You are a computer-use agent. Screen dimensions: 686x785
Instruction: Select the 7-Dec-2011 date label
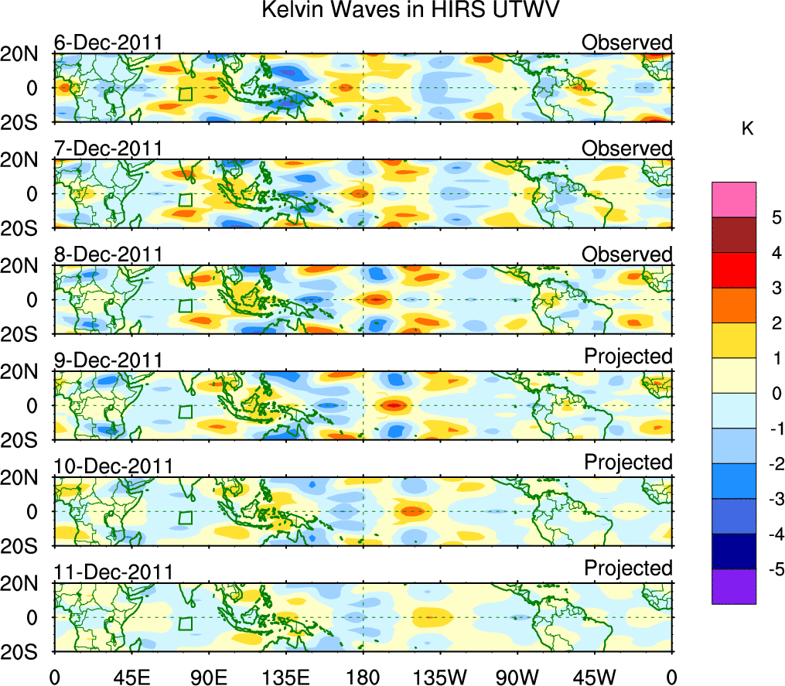tap(108, 148)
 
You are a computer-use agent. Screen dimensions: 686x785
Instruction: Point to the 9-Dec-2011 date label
tap(108, 360)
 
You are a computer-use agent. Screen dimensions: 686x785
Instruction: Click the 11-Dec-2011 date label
tap(113, 572)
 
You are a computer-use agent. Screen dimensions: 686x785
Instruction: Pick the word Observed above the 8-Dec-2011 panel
tap(627, 254)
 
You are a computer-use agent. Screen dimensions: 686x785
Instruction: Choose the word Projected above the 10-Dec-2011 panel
tap(628, 462)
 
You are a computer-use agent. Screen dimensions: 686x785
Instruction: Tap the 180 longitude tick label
tap(363, 677)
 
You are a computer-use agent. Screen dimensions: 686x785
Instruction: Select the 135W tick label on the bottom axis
tap(440, 677)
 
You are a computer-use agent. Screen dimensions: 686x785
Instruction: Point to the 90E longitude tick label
tap(208, 677)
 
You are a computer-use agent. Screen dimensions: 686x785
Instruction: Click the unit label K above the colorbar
tap(748, 129)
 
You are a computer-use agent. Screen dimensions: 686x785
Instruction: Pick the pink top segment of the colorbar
tap(733, 200)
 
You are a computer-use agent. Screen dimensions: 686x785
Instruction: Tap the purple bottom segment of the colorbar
tap(733, 586)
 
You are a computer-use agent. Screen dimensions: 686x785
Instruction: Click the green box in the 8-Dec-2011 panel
tap(185, 305)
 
